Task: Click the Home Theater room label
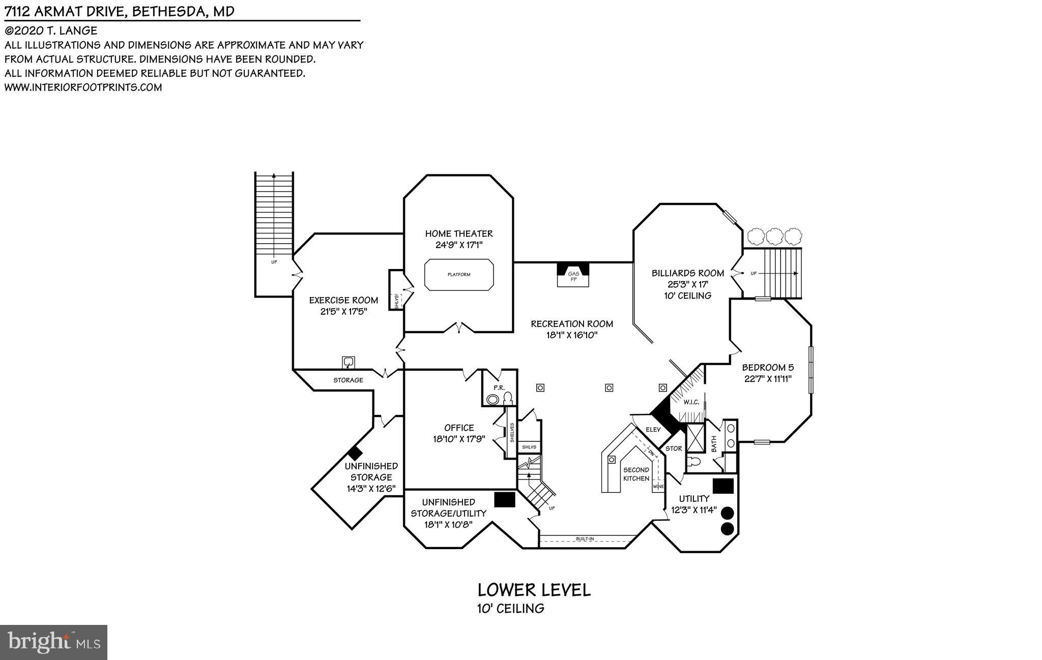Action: [x=458, y=234]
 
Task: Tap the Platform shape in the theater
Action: [x=458, y=275]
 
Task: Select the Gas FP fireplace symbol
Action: [x=573, y=275]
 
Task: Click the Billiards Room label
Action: [x=687, y=274]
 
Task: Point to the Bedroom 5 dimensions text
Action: [x=767, y=379]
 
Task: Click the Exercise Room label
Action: [x=343, y=301]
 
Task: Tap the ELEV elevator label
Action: [x=653, y=430]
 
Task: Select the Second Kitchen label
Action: [x=636, y=474]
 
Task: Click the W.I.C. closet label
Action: [x=691, y=402]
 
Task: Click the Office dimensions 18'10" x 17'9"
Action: [x=459, y=439]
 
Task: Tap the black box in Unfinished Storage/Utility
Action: [x=505, y=500]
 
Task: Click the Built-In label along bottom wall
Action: [x=585, y=538]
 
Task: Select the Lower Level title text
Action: [x=534, y=590]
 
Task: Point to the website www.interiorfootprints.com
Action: [x=83, y=87]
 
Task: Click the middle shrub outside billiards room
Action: [x=774, y=236]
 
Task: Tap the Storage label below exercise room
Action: [x=348, y=380]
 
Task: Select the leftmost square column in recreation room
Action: [x=540, y=388]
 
